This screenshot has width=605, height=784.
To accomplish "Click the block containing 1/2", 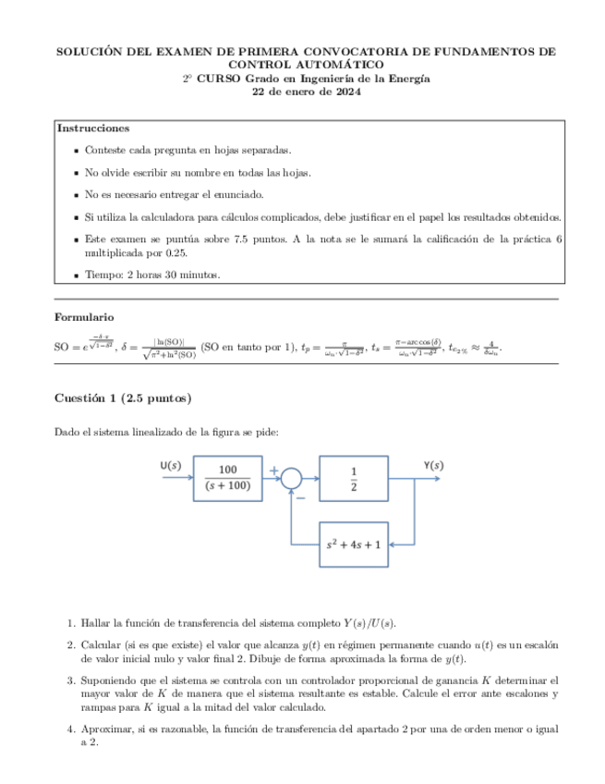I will pyautogui.click(x=354, y=478).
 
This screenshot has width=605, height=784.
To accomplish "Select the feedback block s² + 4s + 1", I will pyautogui.click(x=354, y=545).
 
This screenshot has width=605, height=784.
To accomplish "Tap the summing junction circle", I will pyautogui.click(x=292, y=478).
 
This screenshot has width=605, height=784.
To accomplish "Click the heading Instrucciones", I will pyautogui.click(x=93, y=129).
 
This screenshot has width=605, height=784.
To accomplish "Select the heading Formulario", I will pyautogui.click(x=84, y=317).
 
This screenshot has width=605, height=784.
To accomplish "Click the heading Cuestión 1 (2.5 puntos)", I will pyautogui.click(x=123, y=398).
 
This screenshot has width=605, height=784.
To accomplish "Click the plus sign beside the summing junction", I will pyautogui.click(x=273, y=471).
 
